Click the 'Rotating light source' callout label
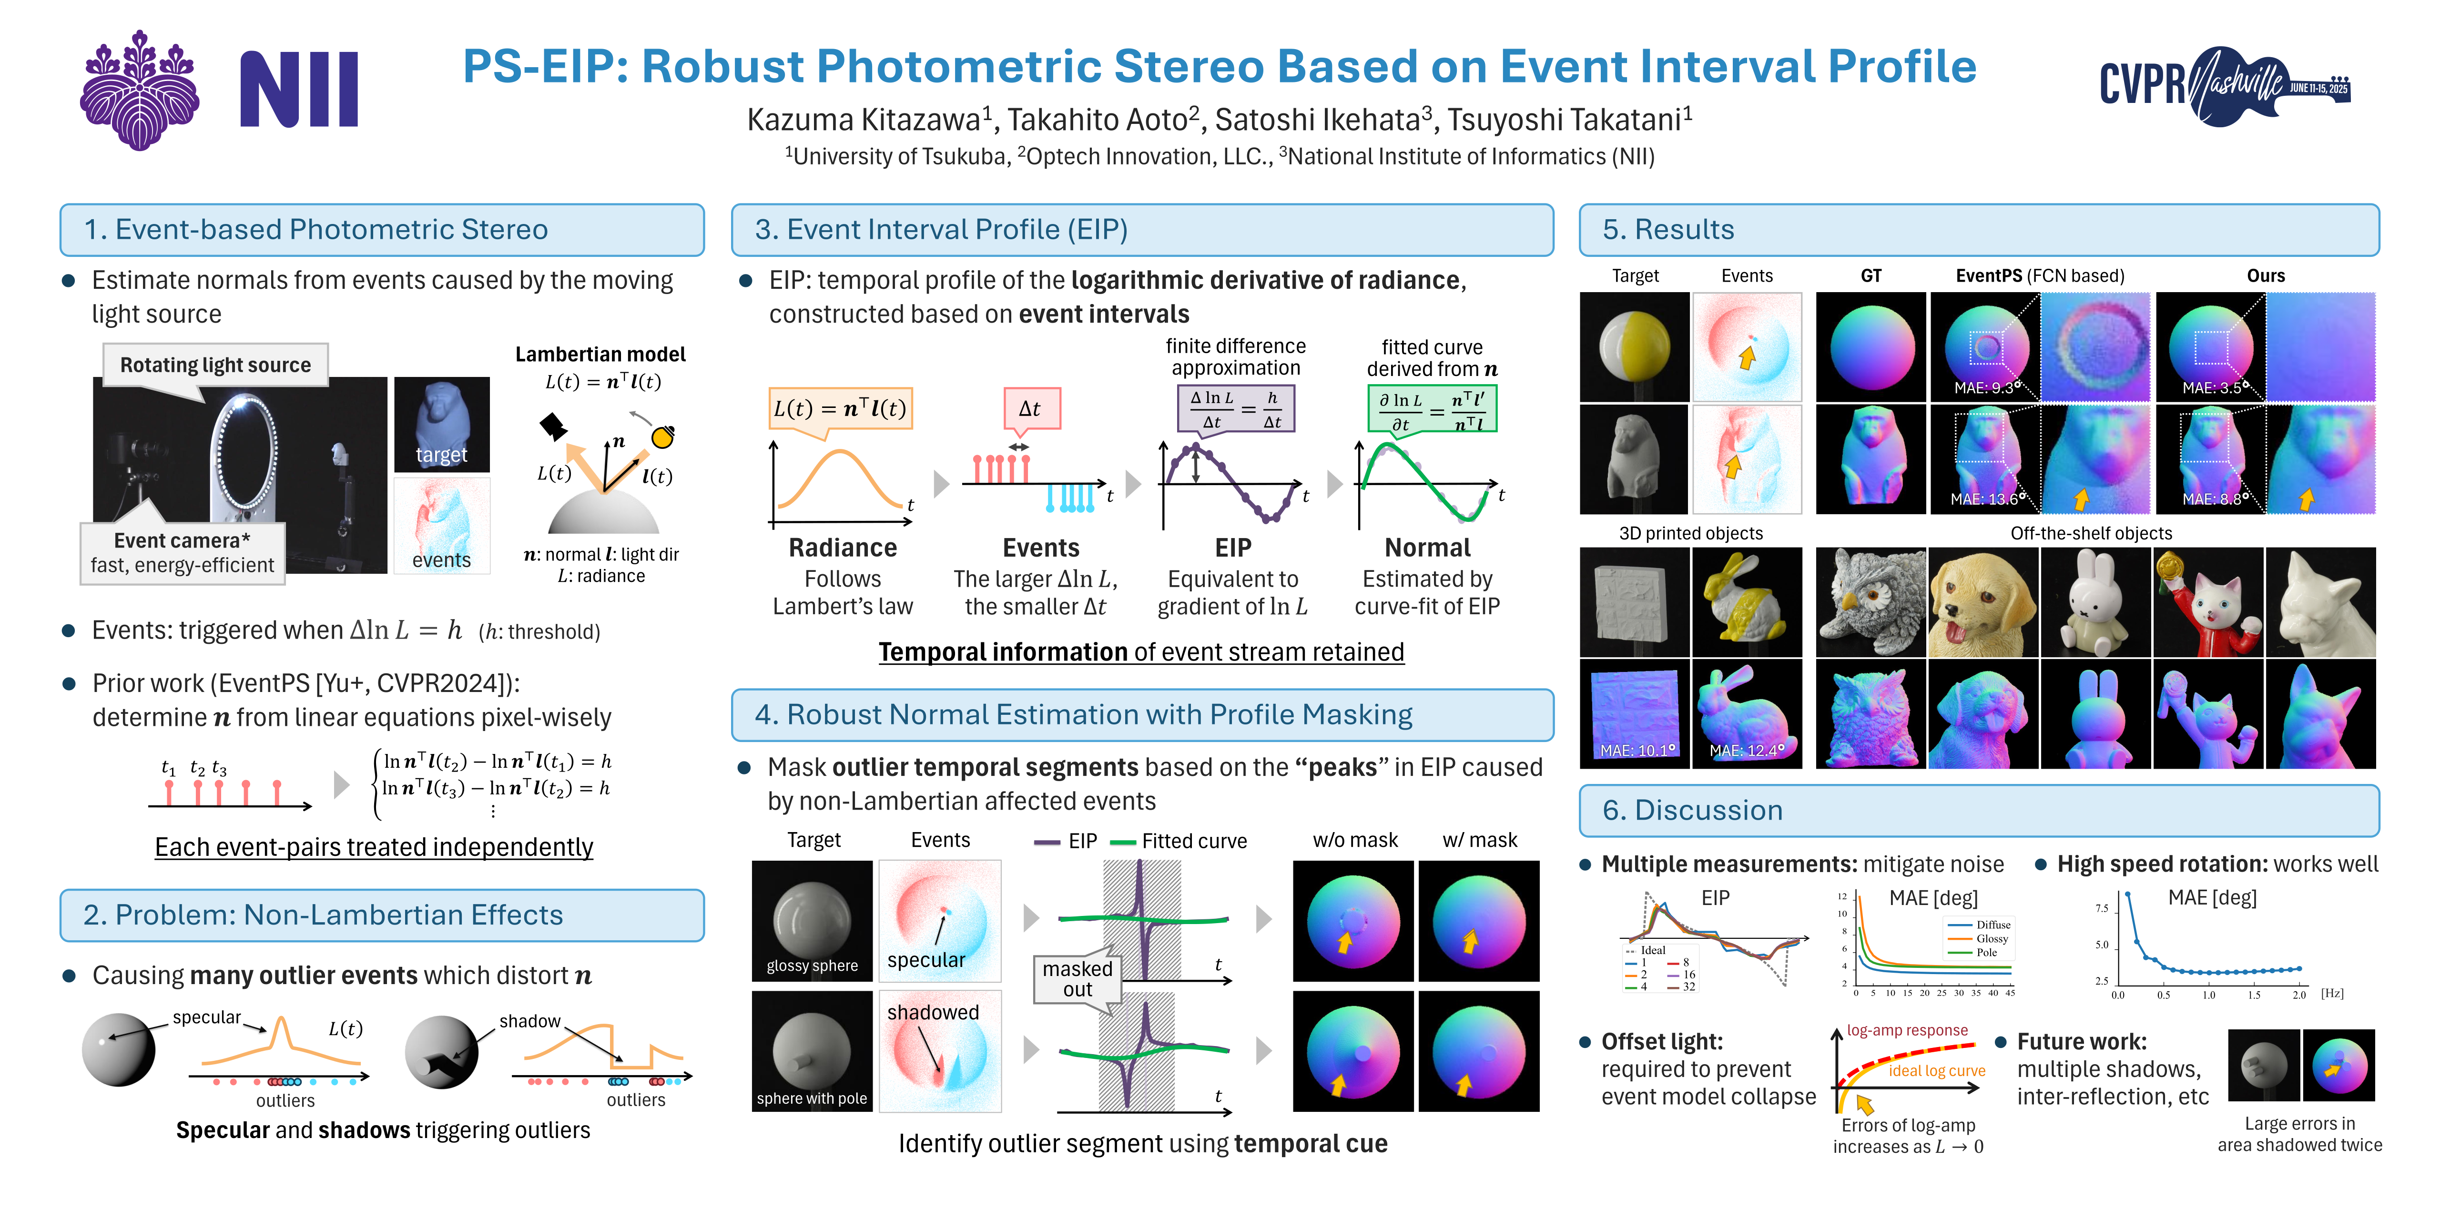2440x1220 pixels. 216,365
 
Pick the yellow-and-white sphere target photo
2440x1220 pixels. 1634,346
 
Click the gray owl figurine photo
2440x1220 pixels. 1871,602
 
